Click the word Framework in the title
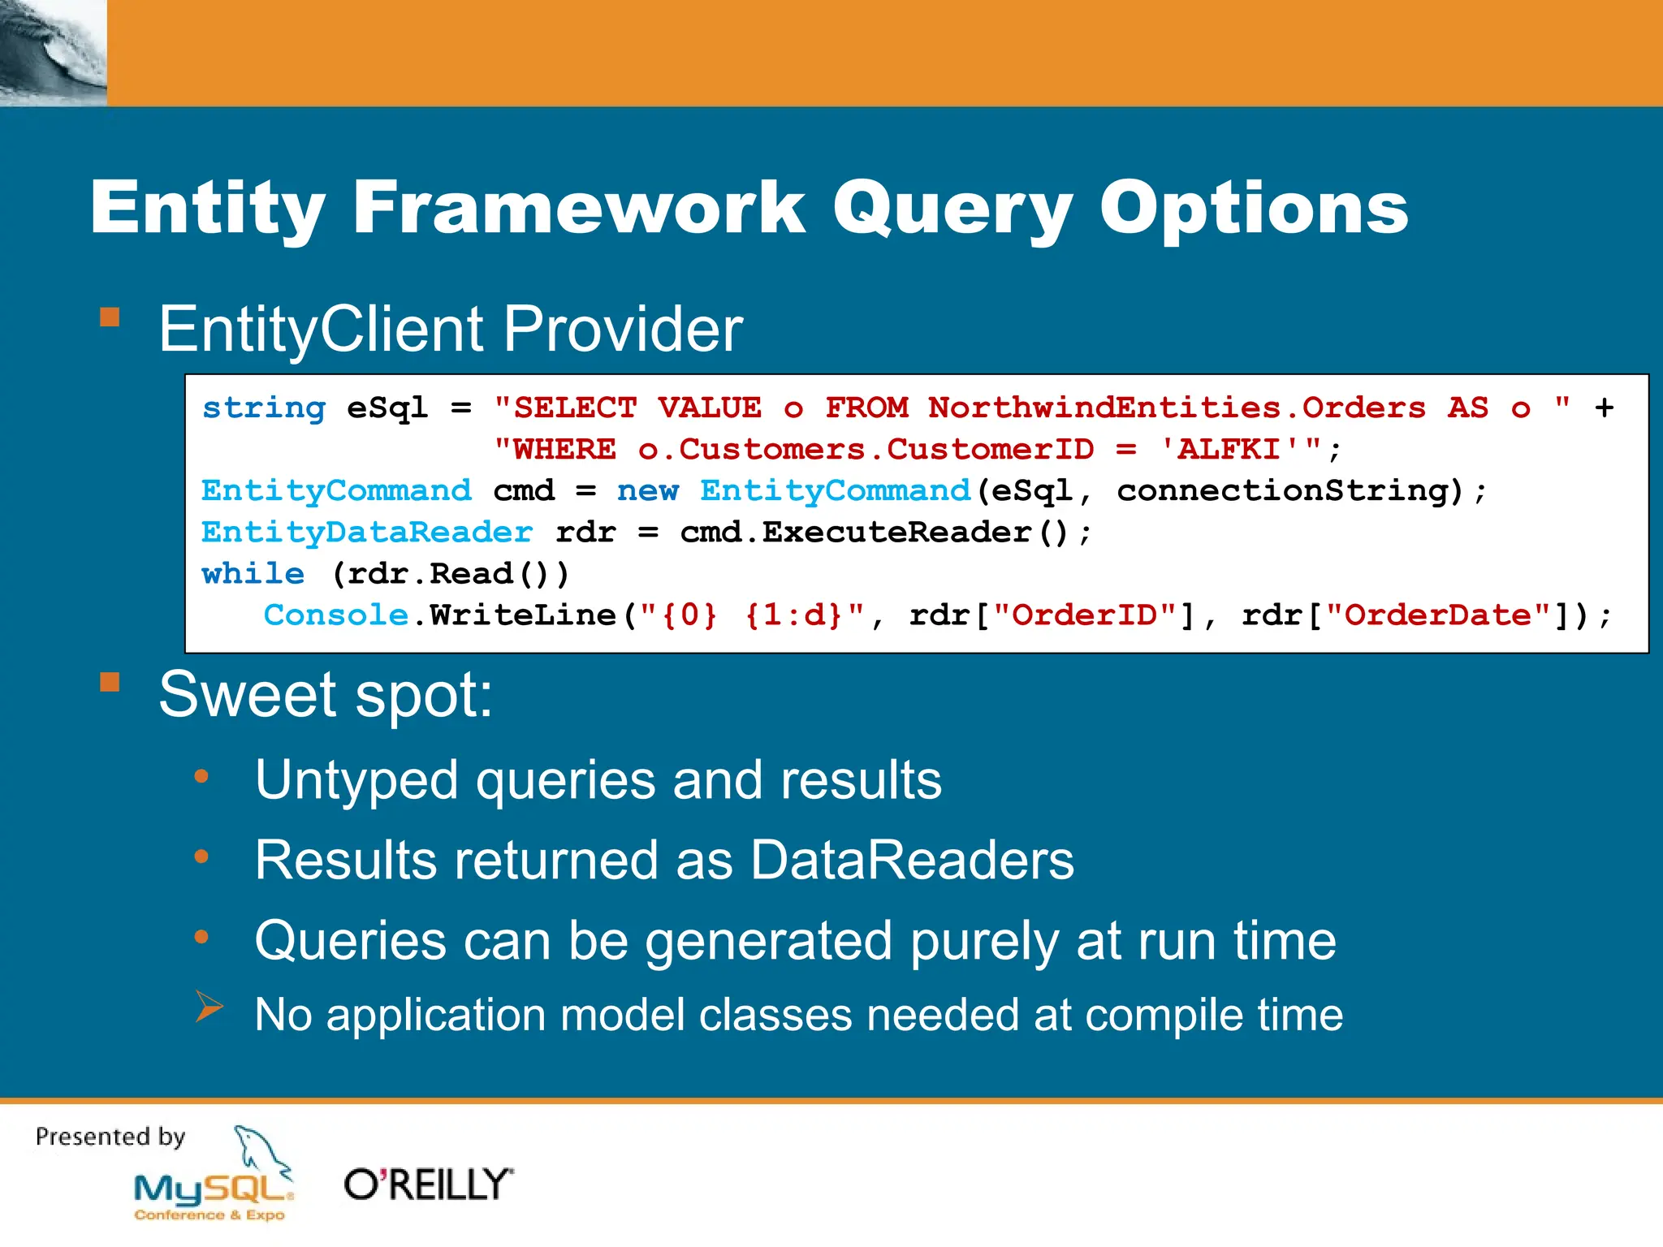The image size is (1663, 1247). [578, 208]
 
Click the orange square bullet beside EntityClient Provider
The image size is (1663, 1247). [110, 317]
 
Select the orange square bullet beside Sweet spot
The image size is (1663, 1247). [110, 682]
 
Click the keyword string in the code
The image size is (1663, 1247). [264, 408]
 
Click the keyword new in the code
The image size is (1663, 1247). [647, 490]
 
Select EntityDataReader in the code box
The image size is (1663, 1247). [367, 532]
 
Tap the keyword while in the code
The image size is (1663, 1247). [253, 574]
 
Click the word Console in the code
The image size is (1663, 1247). [336, 615]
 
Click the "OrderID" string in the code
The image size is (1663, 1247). [1084, 615]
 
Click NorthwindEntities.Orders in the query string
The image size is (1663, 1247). [1177, 408]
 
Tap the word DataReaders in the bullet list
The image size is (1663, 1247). [911, 861]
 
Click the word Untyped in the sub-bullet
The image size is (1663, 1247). [356, 780]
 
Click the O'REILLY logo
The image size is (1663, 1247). [428, 1184]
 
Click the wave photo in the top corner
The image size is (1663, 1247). [53, 53]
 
